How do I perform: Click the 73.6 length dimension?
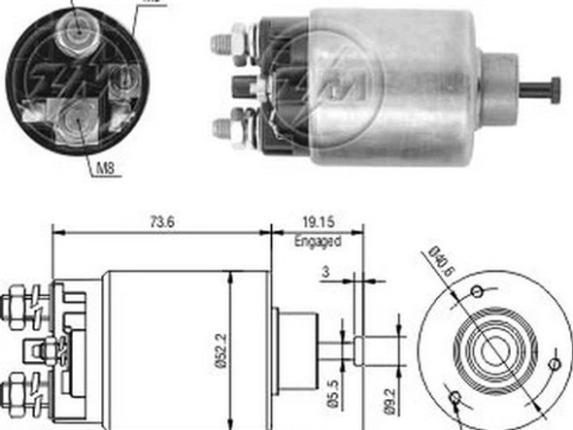pyautogui.click(x=161, y=221)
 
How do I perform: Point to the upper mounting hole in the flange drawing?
pyautogui.click(x=477, y=291)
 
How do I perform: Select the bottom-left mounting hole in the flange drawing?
pyautogui.click(x=456, y=396)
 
